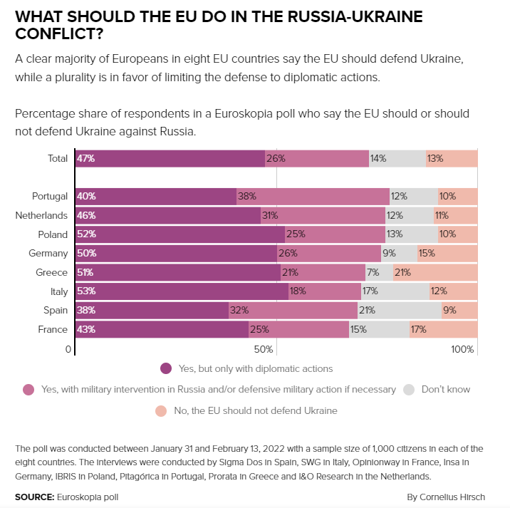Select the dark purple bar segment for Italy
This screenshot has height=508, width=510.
(182, 291)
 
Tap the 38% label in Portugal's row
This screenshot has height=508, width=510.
(247, 196)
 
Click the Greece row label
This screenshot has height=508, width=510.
(51, 272)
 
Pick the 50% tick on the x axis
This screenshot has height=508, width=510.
(264, 349)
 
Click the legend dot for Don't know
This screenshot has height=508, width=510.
(409, 389)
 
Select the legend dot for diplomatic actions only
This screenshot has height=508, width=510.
(166, 368)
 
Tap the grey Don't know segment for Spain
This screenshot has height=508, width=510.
(399, 310)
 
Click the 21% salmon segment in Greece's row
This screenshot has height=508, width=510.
(435, 272)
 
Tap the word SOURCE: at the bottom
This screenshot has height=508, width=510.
(34, 496)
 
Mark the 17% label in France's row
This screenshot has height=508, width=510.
(418, 329)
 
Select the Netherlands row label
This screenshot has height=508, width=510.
(41, 215)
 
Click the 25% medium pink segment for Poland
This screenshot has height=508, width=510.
(335, 234)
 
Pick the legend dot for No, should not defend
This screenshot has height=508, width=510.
(161, 410)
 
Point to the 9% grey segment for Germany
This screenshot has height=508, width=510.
(399, 253)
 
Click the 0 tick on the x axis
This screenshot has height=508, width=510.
(68, 349)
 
